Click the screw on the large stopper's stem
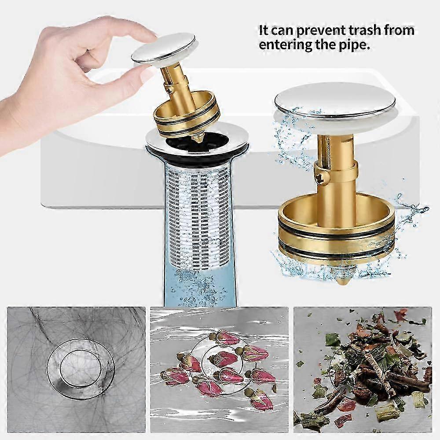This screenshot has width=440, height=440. (x=319, y=177)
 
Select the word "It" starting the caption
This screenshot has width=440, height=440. (x=263, y=30)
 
